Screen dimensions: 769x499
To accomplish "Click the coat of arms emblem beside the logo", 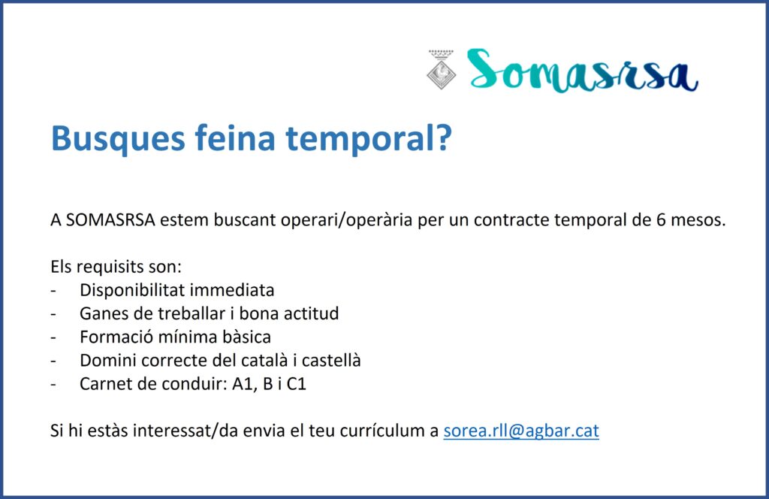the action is click(x=441, y=69).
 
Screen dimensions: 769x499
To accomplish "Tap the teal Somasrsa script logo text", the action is click(x=582, y=70).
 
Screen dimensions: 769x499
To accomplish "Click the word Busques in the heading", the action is click(x=118, y=138).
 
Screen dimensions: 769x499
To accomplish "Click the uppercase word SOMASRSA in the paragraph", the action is click(x=111, y=219).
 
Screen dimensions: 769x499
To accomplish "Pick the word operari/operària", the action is click(x=346, y=220).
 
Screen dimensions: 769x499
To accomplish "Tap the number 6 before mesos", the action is click(x=661, y=219).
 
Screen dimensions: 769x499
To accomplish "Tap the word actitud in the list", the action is click(x=312, y=313).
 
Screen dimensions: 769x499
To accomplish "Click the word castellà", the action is click(x=331, y=360).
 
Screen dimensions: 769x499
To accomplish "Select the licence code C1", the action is click(x=296, y=384).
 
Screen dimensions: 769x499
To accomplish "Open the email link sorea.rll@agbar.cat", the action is click(x=521, y=431).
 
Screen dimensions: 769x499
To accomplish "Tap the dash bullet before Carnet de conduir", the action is click(x=53, y=385).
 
